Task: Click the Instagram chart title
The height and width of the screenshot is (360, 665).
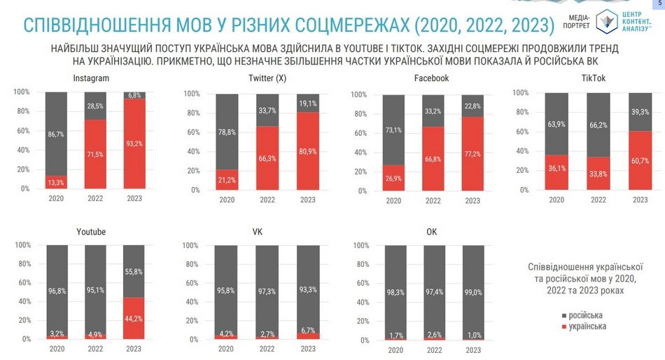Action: coord(91,78)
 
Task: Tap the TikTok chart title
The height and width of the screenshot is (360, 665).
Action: coord(599,78)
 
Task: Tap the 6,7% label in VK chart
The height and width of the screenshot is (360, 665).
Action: coord(308,331)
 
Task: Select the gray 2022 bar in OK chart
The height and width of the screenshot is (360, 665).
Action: coord(433,291)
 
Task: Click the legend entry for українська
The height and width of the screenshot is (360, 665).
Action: coord(585,326)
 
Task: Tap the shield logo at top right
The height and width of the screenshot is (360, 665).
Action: coord(607,21)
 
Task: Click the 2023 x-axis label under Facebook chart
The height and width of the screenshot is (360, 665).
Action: coord(472,201)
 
